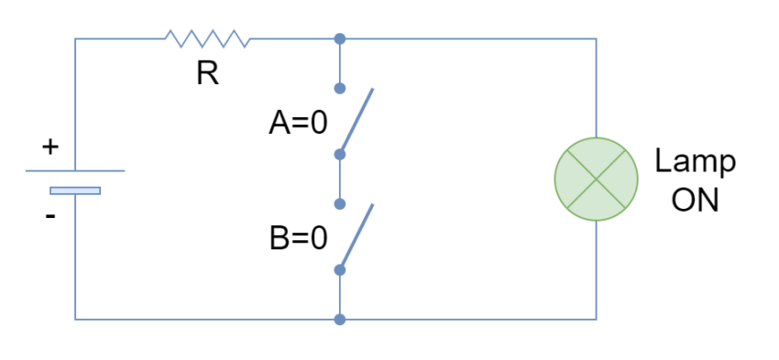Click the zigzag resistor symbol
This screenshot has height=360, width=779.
pyautogui.click(x=207, y=38)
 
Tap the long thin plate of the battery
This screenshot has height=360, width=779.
pyautogui.click(x=75, y=170)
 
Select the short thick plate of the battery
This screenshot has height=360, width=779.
pyautogui.click(x=75, y=191)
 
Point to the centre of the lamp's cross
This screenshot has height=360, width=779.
pyautogui.click(x=597, y=179)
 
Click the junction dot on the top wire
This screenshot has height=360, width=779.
pyautogui.click(x=340, y=38)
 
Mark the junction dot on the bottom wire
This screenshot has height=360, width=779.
pyautogui.click(x=340, y=320)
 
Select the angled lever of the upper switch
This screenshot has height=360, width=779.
pyautogui.click(x=357, y=120)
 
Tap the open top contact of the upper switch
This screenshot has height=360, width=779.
pyautogui.click(x=340, y=88)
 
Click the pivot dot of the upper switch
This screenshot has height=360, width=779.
pyautogui.click(x=340, y=154)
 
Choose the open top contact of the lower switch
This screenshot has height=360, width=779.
pyautogui.click(x=340, y=203)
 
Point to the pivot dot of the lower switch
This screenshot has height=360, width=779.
pyautogui.click(x=340, y=270)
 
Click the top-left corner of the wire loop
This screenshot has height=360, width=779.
pyautogui.click(x=75, y=38)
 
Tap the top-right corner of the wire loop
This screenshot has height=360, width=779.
pyautogui.click(x=597, y=38)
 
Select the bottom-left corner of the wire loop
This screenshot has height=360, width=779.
pyautogui.click(x=75, y=319)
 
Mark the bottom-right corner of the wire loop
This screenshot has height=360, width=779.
pyautogui.click(x=597, y=319)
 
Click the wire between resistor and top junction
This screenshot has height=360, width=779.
pyautogui.click(x=293, y=38)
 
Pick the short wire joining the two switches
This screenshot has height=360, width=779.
pyautogui.click(x=340, y=179)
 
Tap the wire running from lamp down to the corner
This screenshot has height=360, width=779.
pyautogui.click(x=597, y=270)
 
